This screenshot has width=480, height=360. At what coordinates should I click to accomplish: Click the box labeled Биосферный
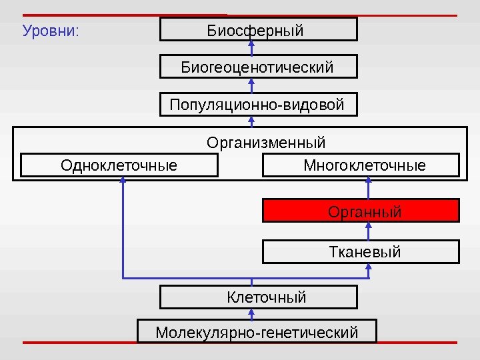tap(259, 30)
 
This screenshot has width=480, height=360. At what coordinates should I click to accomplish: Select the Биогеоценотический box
tap(259, 67)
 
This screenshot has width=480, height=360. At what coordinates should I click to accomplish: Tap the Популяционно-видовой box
tap(259, 105)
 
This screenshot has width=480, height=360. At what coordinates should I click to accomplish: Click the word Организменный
tap(266, 143)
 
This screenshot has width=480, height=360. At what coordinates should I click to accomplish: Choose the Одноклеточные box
tap(119, 165)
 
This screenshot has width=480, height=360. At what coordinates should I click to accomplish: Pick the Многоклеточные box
tap(361, 165)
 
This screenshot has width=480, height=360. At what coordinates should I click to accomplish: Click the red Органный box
tap(361, 211)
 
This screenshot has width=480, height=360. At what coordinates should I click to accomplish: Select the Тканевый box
tap(361, 252)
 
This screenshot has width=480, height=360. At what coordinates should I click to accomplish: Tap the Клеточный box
tap(259, 297)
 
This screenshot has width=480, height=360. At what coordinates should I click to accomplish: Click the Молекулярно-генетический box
tap(257, 331)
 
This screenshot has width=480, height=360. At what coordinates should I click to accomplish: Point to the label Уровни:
tap(51, 31)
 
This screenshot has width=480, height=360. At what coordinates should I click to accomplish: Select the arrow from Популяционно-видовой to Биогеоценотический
tap(252, 86)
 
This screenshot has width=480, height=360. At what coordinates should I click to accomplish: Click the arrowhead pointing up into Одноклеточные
tap(123, 181)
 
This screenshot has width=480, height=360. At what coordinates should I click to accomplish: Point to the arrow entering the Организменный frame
tap(252, 121)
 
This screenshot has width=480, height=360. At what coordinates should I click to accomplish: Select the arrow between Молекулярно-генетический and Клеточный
tap(252, 314)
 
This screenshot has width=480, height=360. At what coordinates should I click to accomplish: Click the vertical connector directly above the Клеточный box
tap(252, 281)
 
